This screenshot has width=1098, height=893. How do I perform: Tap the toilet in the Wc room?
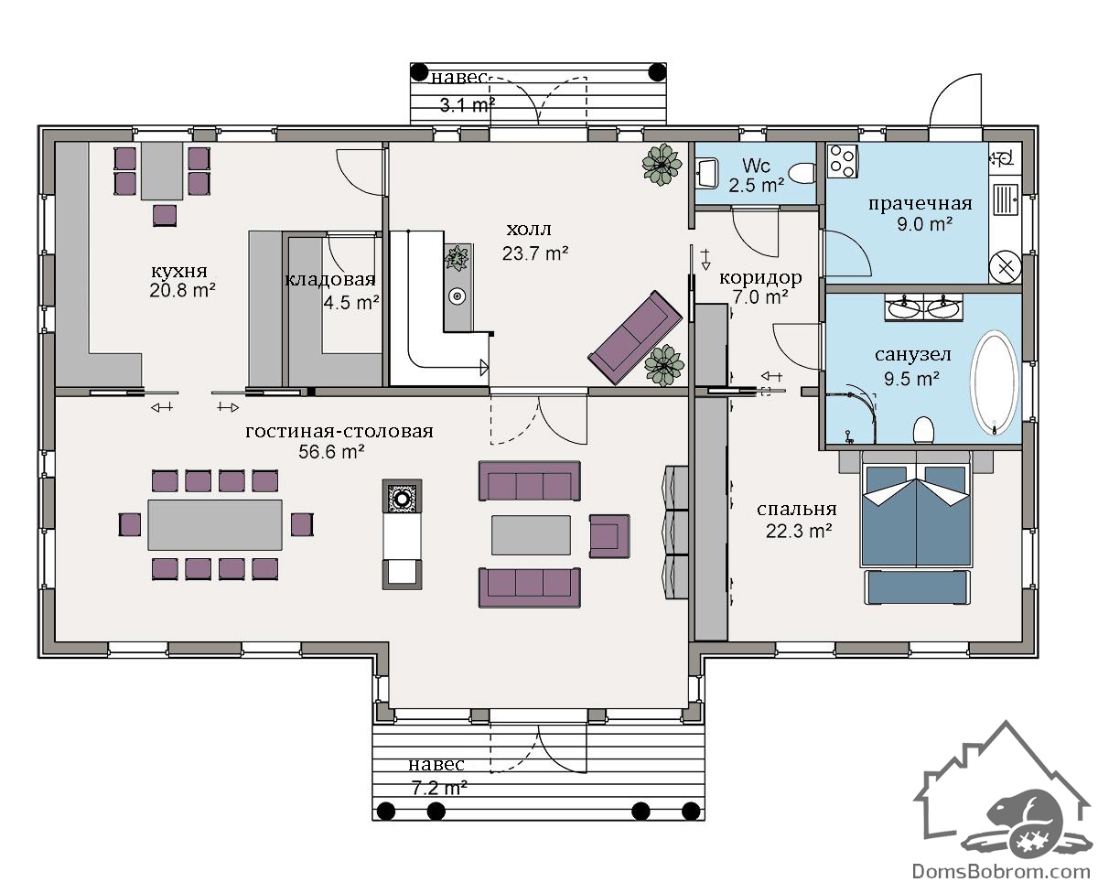[x=802, y=174]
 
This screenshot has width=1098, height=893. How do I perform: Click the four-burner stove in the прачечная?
[x=842, y=161]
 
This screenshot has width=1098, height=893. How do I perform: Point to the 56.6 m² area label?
[x=331, y=452]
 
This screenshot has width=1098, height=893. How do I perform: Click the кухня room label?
[x=178, y=271]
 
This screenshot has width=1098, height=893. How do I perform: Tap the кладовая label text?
[x=330, y=279]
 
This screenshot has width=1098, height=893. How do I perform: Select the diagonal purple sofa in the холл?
[x=636, y=338]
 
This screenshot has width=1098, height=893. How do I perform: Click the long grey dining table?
[x=215, y=524]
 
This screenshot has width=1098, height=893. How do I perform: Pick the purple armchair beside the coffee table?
[x=609, y=536]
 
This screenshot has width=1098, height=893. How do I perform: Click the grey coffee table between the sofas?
[x=531, y=535]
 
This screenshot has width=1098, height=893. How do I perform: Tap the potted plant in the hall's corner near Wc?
[x=662, y=164]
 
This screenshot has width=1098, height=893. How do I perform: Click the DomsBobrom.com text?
[x=1001, y=871]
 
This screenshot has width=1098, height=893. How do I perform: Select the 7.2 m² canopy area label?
[x=439, y=788]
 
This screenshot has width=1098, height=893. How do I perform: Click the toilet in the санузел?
[x=923, y=430]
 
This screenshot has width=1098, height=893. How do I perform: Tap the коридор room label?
[x=760, y=278]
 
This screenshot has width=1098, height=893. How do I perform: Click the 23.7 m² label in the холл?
[x=535, y=253]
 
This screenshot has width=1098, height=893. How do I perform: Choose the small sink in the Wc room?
[x=706, y=173]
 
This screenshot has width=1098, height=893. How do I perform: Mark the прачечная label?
[x=920, y=204]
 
